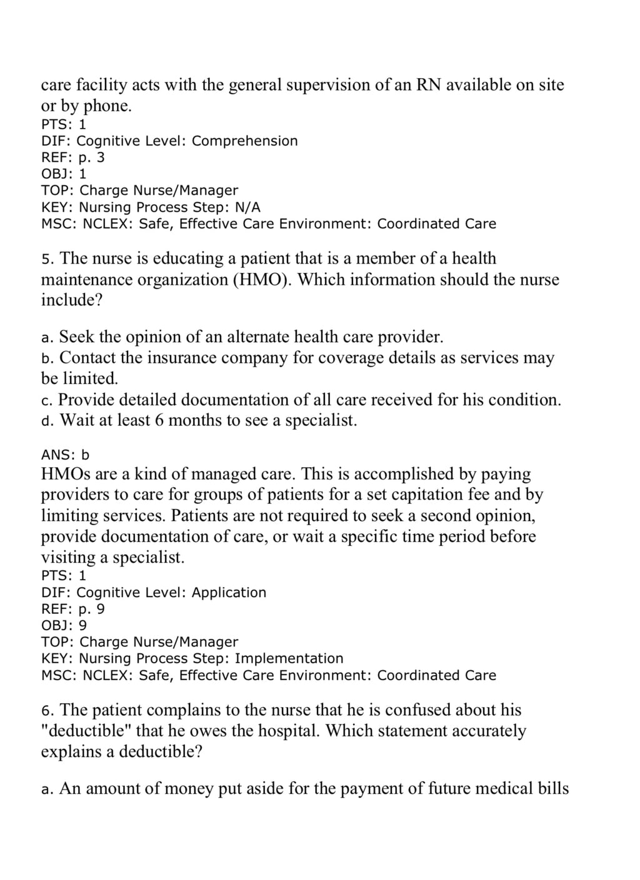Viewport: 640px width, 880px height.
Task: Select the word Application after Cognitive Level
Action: pyautogui.click(x=229, y=592)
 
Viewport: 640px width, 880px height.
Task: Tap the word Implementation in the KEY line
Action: pyautogui.click(x=289, y=658)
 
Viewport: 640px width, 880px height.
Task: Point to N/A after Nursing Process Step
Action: pyautogui.click(x=247, y=207)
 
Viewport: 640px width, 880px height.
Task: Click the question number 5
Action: pyautogui.click(x=45, y=259)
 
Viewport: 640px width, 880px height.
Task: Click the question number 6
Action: pyautogui.click(x=45, y=710)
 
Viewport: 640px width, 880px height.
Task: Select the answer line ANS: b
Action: pyautogui.click(x=65, y=455)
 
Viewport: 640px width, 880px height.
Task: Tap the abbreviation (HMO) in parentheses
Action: pyautogui.click(x=262, y=279)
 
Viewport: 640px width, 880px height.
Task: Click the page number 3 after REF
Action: pyautogui.click(x=101, y=157)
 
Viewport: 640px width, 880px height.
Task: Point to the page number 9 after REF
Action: pyautogui.click(x=101, y=609)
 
